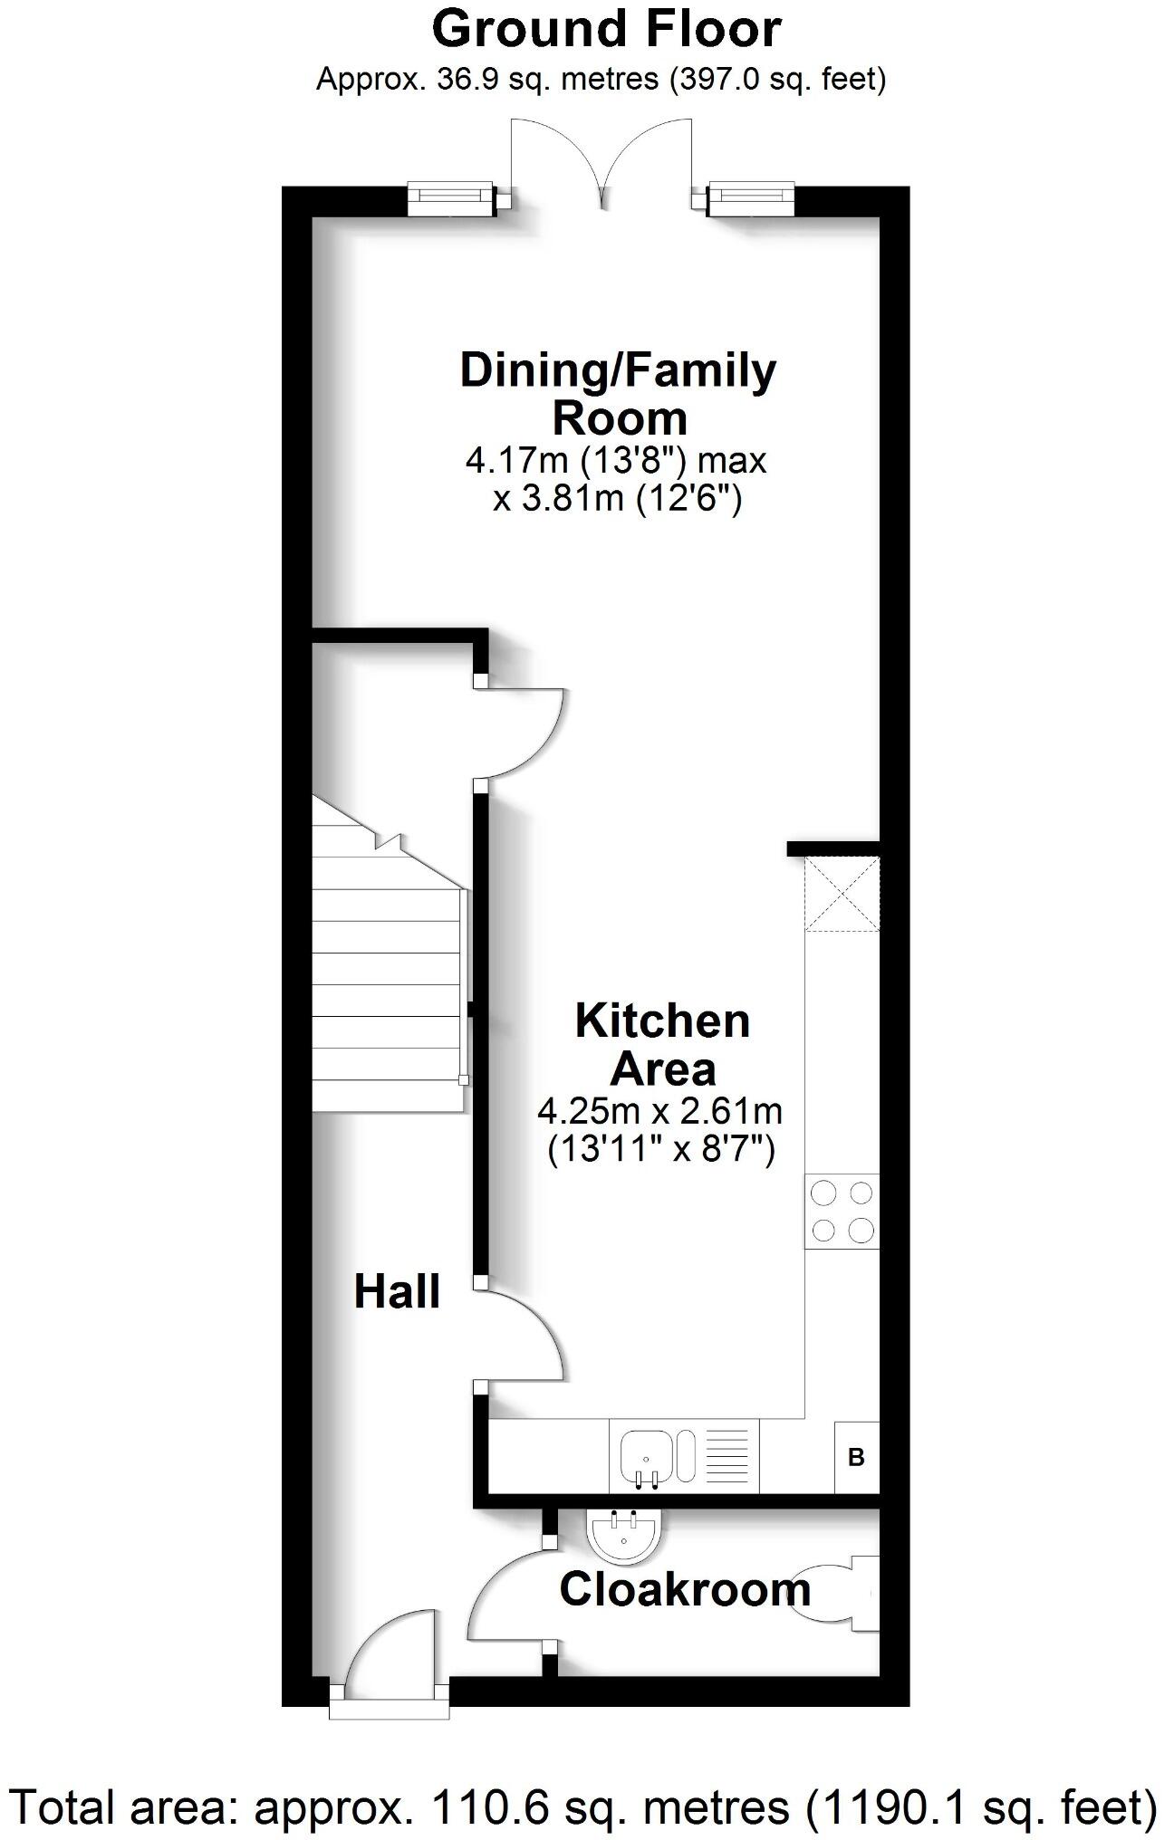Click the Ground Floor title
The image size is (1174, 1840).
pos(606,29)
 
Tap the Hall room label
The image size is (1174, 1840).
pos(396,1291)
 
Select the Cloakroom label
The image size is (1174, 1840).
pos(684,1589)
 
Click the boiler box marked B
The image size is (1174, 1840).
pos(855,1458)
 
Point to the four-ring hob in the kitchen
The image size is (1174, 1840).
pos(842,1211)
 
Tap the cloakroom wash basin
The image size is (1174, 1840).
pos(625,1534)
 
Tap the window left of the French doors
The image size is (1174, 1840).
pos(451,199)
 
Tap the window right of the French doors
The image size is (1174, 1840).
pos(750,199)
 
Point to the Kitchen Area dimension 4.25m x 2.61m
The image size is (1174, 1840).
pos(660,1110)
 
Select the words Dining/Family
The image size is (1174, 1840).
pos(618,370)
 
